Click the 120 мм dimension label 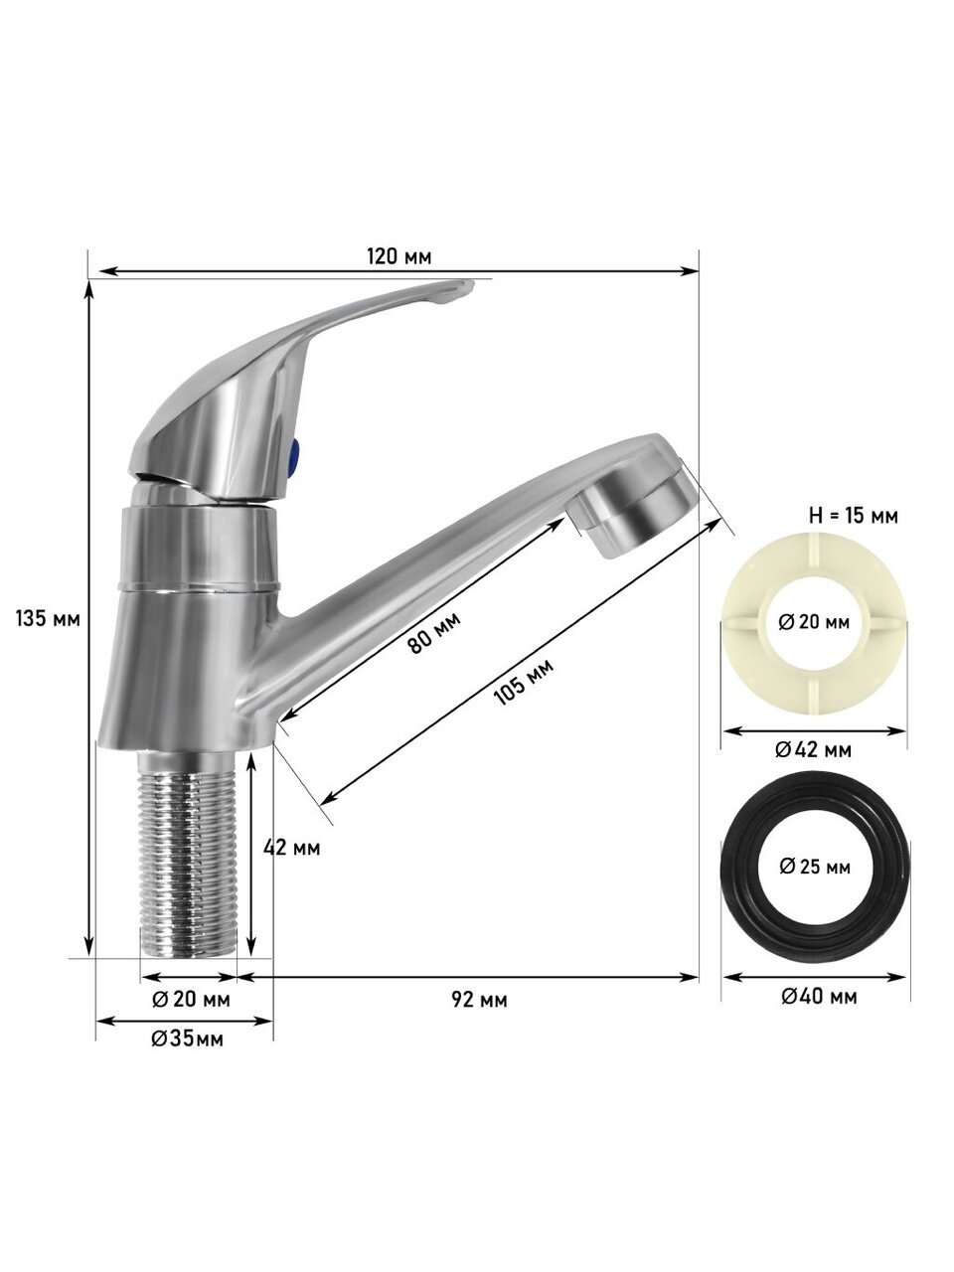pos(399,256)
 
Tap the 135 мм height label pos(48,618)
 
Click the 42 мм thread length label pos(291,848)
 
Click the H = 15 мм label pos(853,516)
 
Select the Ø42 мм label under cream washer pos(813,750)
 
